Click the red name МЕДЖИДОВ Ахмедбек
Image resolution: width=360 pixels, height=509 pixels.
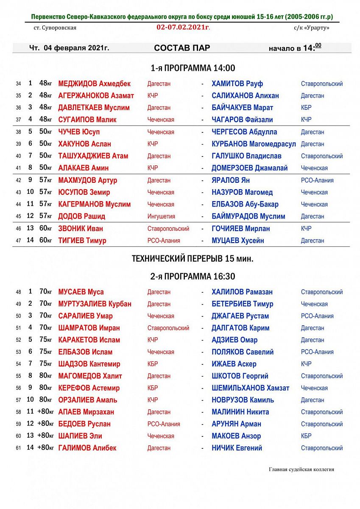pyautogui.click(x=94, y=84)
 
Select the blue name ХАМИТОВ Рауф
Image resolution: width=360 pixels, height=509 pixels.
pyautogui.click(x=237, y=84)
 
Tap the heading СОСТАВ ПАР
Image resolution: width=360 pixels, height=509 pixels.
pyautogui.click(x=182, y=48)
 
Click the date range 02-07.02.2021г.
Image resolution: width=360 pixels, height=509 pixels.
pyautogui.click(x=183, y=28)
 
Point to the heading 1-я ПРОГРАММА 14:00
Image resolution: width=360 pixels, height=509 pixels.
pyautogui.click(x=193, y=68)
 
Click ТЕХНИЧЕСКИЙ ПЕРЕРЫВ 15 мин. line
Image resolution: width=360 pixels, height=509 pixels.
pyautogui.click(x=193, y=258)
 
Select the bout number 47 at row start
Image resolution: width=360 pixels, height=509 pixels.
pyautogui.click(x=18, y=241)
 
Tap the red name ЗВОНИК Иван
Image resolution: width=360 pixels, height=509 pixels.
pyautogui.click(x=81, y=229)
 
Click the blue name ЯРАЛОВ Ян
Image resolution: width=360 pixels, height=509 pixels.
pyautogui.click(x=231, y=180)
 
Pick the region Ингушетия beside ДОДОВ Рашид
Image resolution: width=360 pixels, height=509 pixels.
pyautogui.click(x=161, y=216)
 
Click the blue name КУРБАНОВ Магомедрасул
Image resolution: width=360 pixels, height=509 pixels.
pyautogui.click(x=254, y=144)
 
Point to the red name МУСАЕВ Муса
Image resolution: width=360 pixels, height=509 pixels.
pyautogui.click(x=81, y=292)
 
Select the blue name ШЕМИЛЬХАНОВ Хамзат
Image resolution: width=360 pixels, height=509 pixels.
pyautogui.click(x=250, y=388)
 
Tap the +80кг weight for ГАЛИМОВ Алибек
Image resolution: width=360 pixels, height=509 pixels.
pyautogui.click(x=45, y=447)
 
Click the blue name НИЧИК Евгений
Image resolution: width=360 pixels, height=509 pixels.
pyautogui.click(x=237, y=448)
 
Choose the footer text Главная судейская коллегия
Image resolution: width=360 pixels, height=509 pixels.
pyautogui.click(x=301, y=470)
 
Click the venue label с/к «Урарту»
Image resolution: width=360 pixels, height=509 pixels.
pyautogui.click(x=311, y=28)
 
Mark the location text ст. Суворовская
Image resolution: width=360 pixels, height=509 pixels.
pyautogui.click(x=55, y=28)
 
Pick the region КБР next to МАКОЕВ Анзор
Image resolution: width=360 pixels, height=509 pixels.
pyautogui.click(x=306, y=436)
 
